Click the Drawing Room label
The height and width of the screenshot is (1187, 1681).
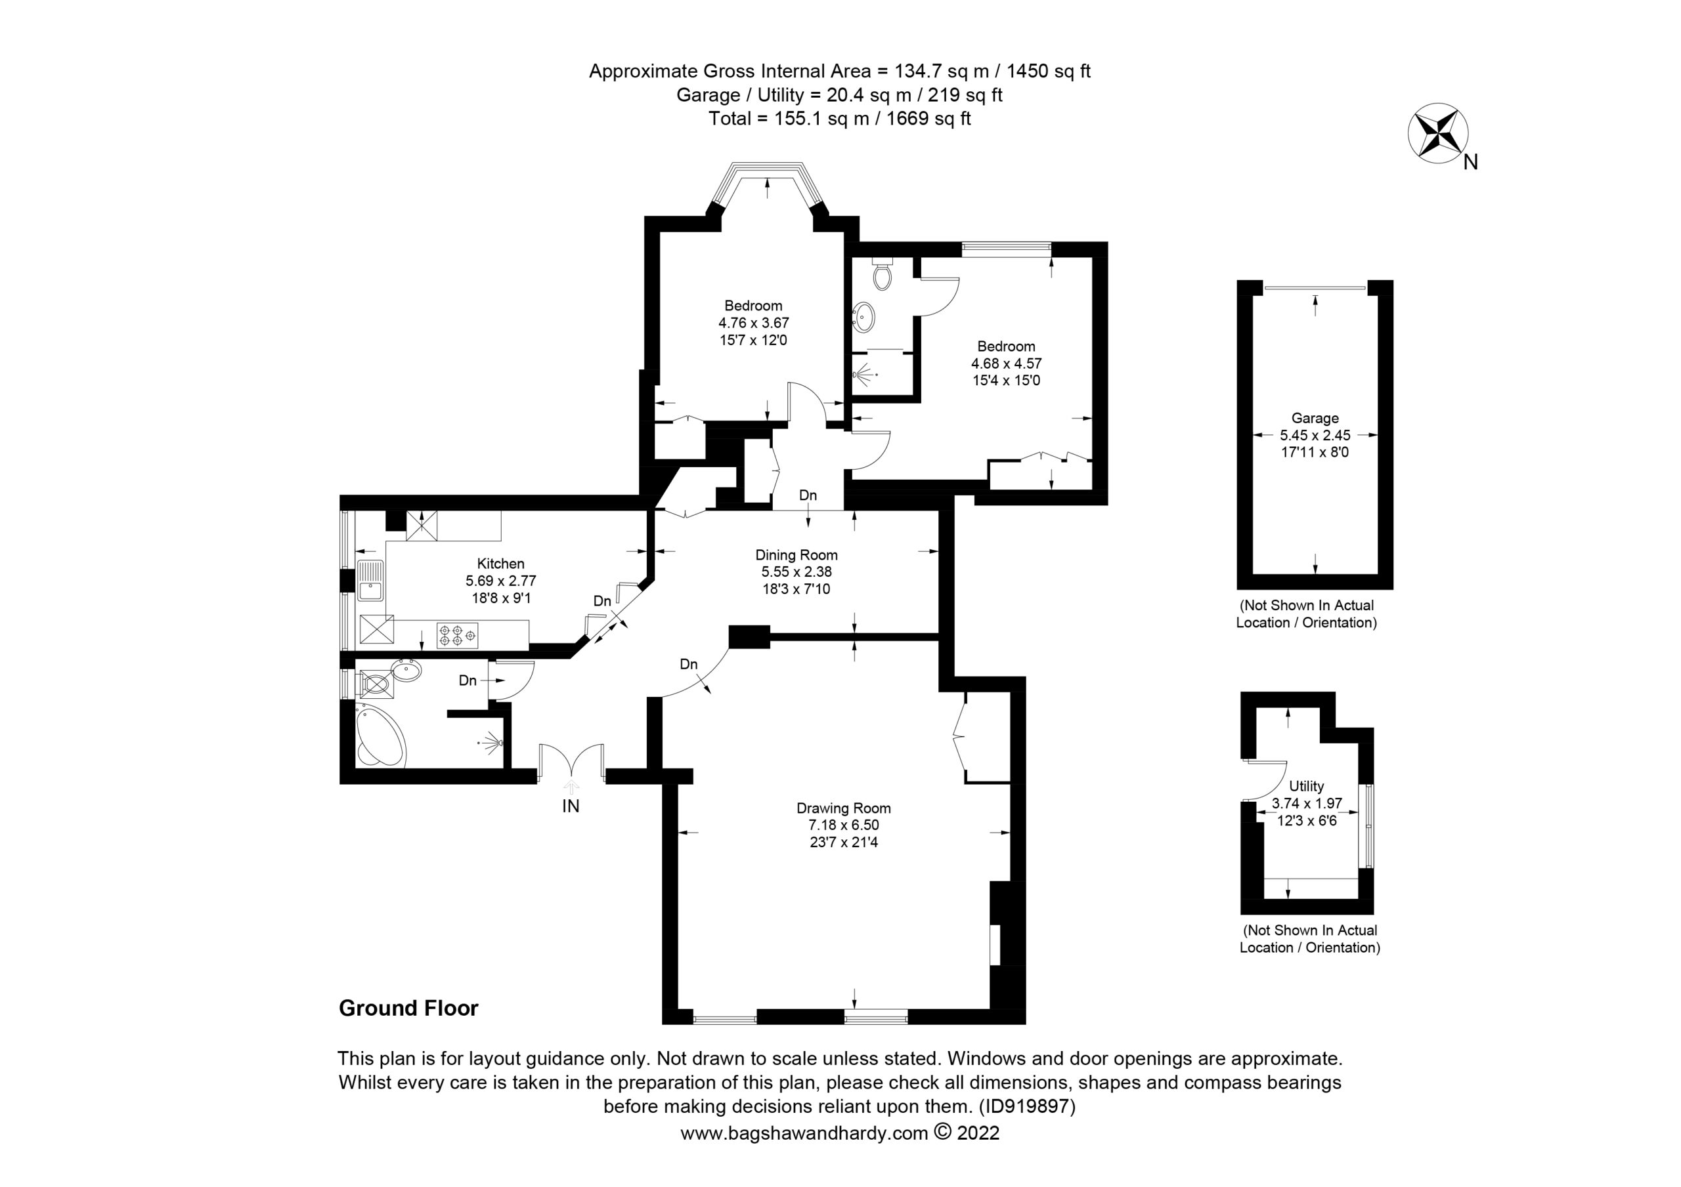[x=843, y=808]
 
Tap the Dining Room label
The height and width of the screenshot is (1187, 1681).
[x=797, y=556]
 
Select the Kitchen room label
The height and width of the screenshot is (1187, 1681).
[x=501, y=564]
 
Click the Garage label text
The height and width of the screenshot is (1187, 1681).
[x=1315, y=418]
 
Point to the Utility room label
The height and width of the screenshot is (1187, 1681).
[x=1307, y=786]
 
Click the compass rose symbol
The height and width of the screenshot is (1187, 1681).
[x=1438, y=133]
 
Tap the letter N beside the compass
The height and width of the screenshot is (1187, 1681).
[x=1471, y=163]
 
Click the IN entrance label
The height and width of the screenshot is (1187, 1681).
[x=571, y=806]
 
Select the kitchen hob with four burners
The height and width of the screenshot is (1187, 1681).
[x=457, y=635]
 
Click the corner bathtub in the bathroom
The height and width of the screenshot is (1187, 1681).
[x=380, y=735]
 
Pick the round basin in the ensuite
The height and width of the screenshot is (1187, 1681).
[x=864, y=318]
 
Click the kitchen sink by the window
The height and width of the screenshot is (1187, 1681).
[x=371, y=580]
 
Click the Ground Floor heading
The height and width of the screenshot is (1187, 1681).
[x=408, y=1009]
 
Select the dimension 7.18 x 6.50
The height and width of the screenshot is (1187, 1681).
[x=843, y=825]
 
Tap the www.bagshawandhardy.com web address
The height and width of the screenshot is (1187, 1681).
[x=804, y=1134]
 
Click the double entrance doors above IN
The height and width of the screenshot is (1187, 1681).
[x=571, y=762]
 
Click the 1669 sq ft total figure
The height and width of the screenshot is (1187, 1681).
[x=928, y=119]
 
